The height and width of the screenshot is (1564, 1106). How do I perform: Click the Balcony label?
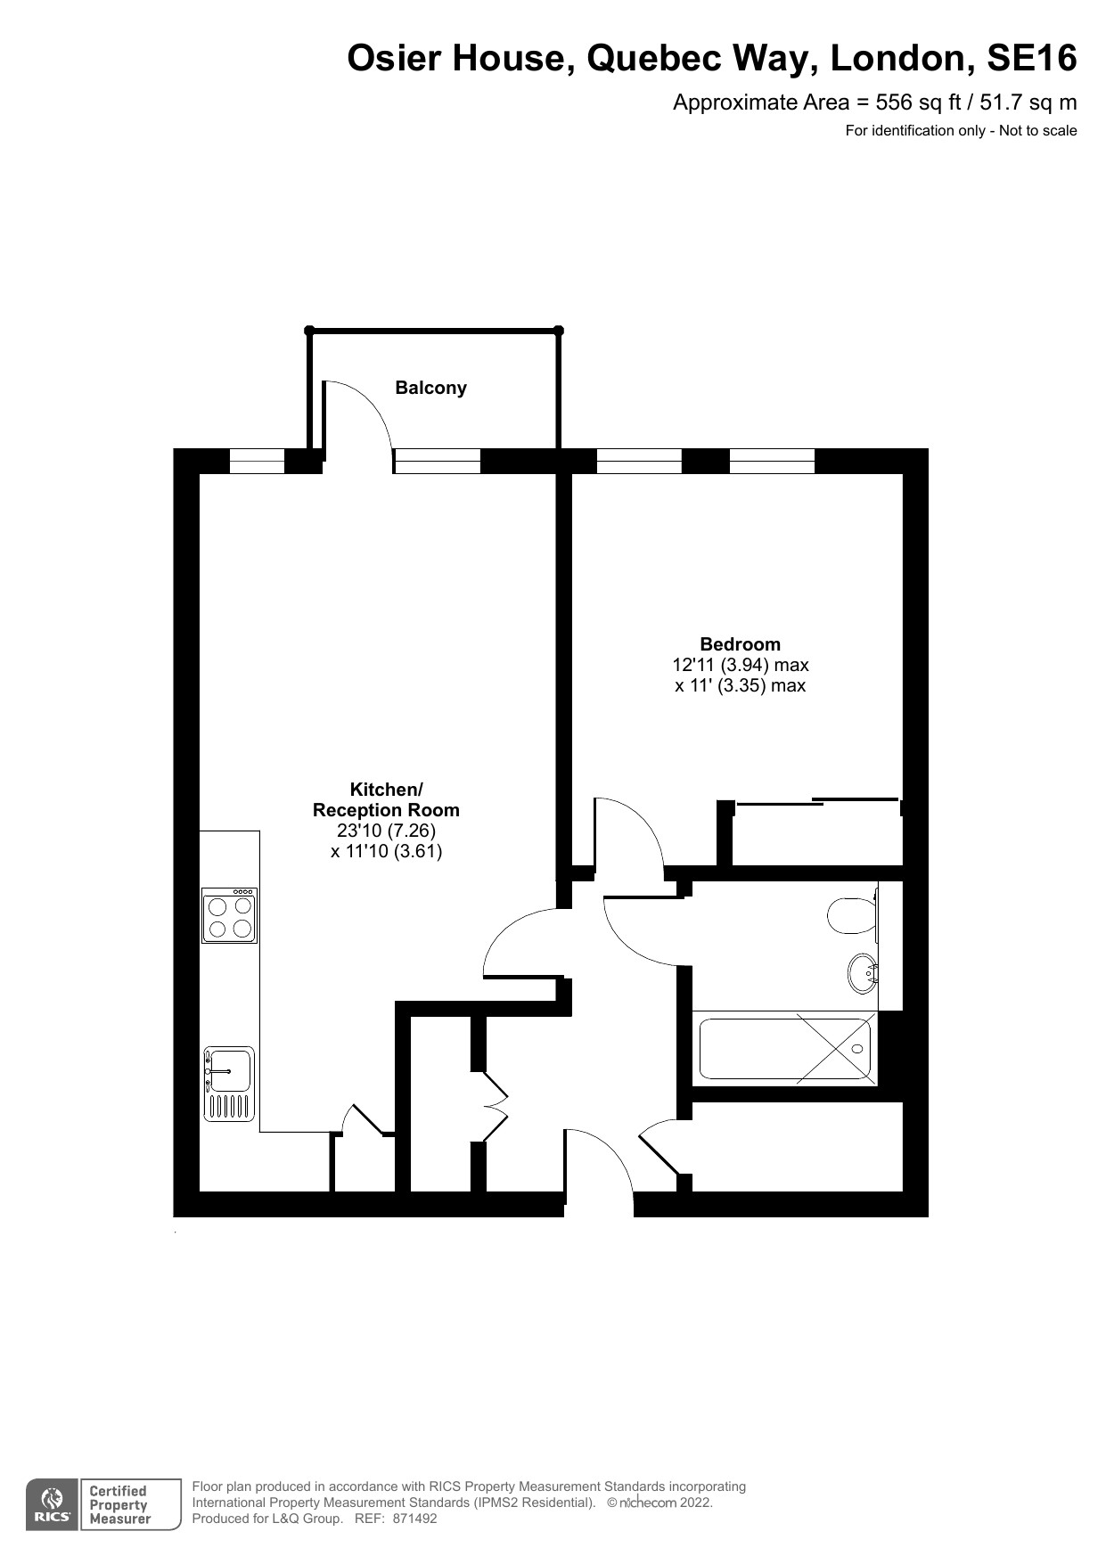tap(430, 388)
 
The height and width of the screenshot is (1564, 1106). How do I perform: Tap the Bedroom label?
tap(740, 643)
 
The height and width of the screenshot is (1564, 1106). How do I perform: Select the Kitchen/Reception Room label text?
tap(386, 799)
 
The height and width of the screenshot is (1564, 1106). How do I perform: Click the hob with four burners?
tap(230, 915)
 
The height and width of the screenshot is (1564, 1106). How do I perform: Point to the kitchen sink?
tap(230, 1083)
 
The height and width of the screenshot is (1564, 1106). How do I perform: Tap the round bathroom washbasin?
tap(863, 973)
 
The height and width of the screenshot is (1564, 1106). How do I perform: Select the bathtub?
tap(785, 1048)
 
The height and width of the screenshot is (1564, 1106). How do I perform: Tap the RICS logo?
tap(52, 1504)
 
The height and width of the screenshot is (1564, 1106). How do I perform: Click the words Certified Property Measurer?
tap(119, 1504)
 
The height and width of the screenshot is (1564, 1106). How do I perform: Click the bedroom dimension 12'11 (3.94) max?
tap(740, 665)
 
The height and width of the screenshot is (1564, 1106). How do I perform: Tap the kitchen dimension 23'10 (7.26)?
tap(386, 831)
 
